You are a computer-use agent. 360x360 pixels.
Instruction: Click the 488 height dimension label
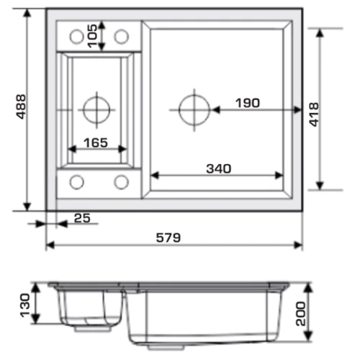(x=22, y=107)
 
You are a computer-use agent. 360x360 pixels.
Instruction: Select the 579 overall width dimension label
(x=168, y=238)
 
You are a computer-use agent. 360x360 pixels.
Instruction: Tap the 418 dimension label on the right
(x=314, y=114)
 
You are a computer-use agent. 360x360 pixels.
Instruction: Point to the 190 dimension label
(x=248, y=103)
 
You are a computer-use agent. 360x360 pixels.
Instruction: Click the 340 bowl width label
(x=219, y=168)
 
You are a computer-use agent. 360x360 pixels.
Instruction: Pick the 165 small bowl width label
(x=96, y=143)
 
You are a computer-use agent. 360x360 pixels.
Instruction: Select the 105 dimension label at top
(x=93, y=36)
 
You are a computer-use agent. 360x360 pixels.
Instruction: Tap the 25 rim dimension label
(x=82, y=218)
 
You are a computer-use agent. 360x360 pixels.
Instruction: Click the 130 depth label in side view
(x=25, y=305)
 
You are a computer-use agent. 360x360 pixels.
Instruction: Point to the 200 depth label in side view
(x=301, y=314)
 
